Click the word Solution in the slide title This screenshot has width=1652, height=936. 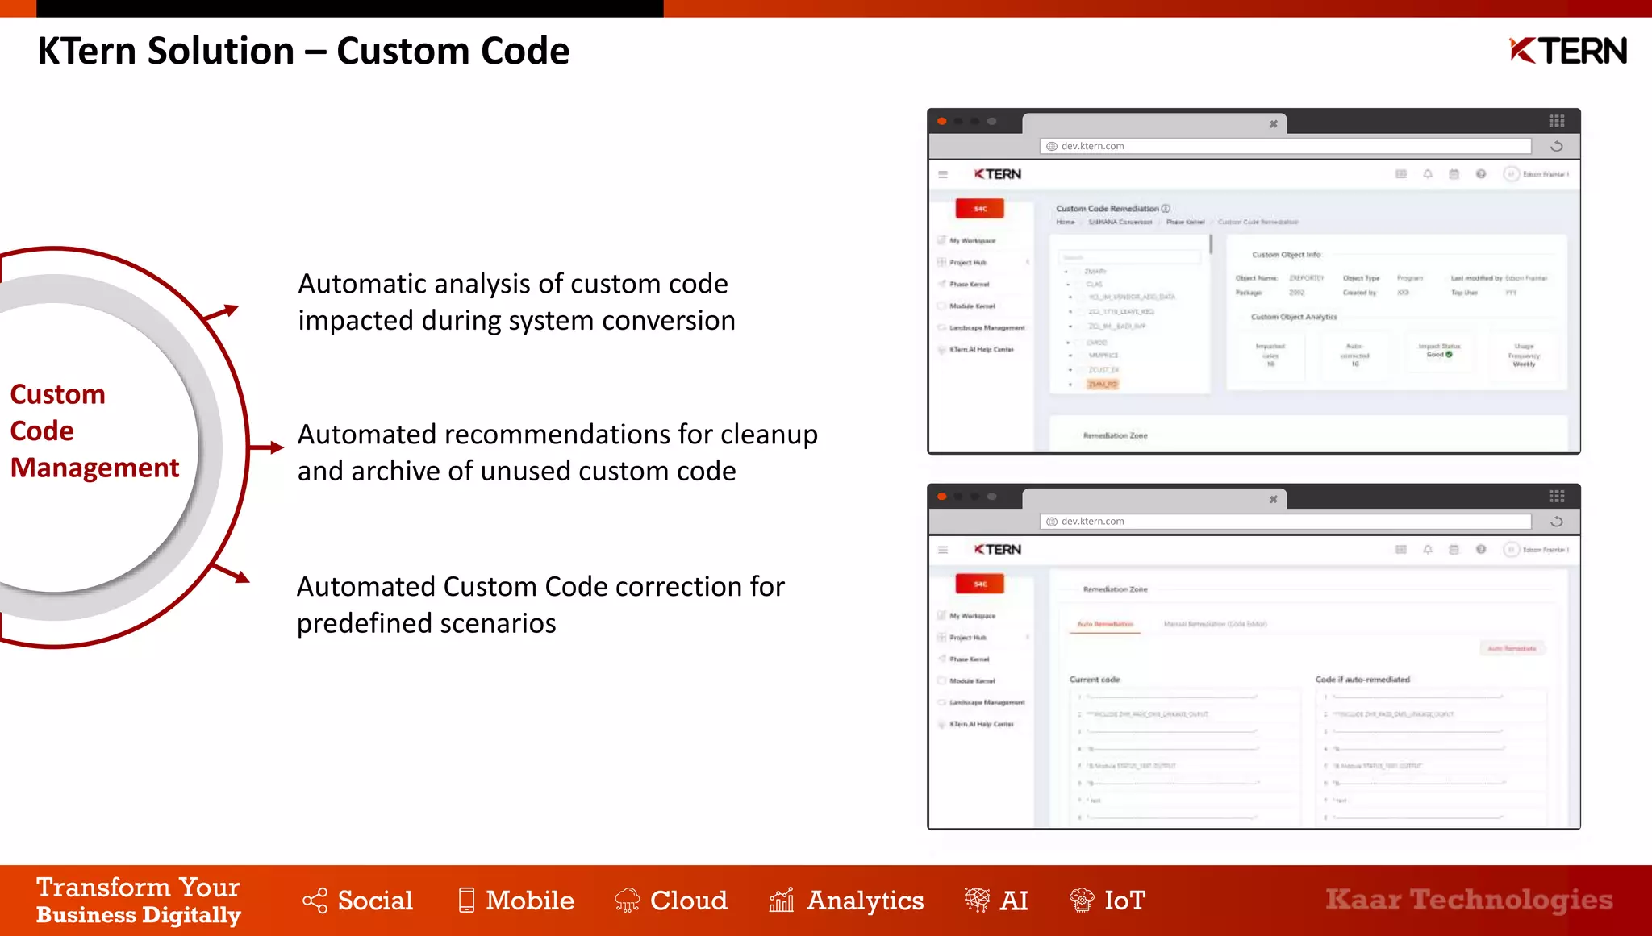click(221, 52)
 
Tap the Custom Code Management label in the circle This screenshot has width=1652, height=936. click(94, 431)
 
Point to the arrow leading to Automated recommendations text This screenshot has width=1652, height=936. click(265, 447)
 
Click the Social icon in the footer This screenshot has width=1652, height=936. click(315, 901)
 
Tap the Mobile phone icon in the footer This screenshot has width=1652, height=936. click(466, 900)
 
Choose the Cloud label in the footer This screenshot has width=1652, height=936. click(688, 901)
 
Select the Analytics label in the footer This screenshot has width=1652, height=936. click(865, 901)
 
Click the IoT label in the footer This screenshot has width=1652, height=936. click(1124, 901)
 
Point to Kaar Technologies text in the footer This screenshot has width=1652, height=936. click(1468, 899)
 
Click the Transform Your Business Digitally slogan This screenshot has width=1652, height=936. click(138, 901)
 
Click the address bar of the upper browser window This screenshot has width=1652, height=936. click(1286, 146)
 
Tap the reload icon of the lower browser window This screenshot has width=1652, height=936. click(1557, 522)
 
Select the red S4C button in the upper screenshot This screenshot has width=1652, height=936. click(979, 209)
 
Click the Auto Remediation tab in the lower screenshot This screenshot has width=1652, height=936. click(1105, 624)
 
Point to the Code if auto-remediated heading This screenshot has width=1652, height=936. click(1362, 680)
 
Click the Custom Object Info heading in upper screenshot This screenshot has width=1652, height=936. click(1286, 255)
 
